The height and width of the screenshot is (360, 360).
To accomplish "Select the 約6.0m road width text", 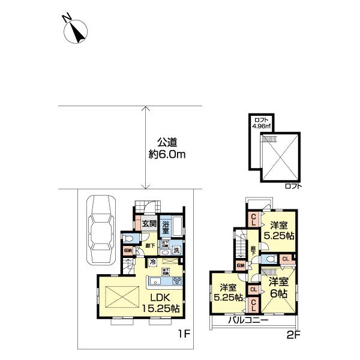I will point(168,155).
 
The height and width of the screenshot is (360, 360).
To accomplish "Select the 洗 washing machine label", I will point(177,250).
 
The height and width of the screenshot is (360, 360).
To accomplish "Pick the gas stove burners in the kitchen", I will point(177,281).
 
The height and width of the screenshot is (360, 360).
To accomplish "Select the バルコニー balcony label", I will point(247,320).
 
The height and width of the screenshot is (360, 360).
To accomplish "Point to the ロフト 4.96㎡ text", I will point(261,122).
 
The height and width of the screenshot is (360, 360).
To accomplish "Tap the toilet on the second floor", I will point(271,259).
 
